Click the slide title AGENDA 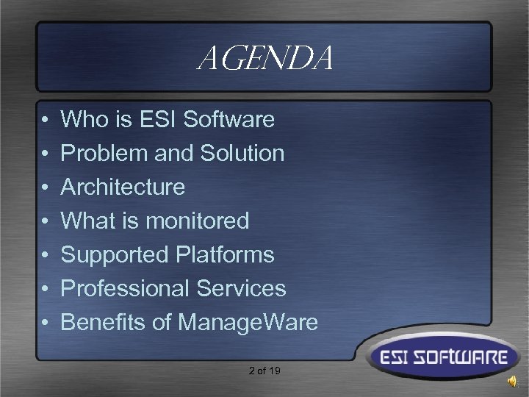click(x=265, y=58)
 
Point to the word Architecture click(x=123, y=187)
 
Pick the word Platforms click(x=226, y=254)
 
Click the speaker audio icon click(x=512, y=380)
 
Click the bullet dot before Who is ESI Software click(x=45, y=120)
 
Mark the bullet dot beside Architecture click(x=45, y=187)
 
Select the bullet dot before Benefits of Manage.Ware click(x=45, y=323)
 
